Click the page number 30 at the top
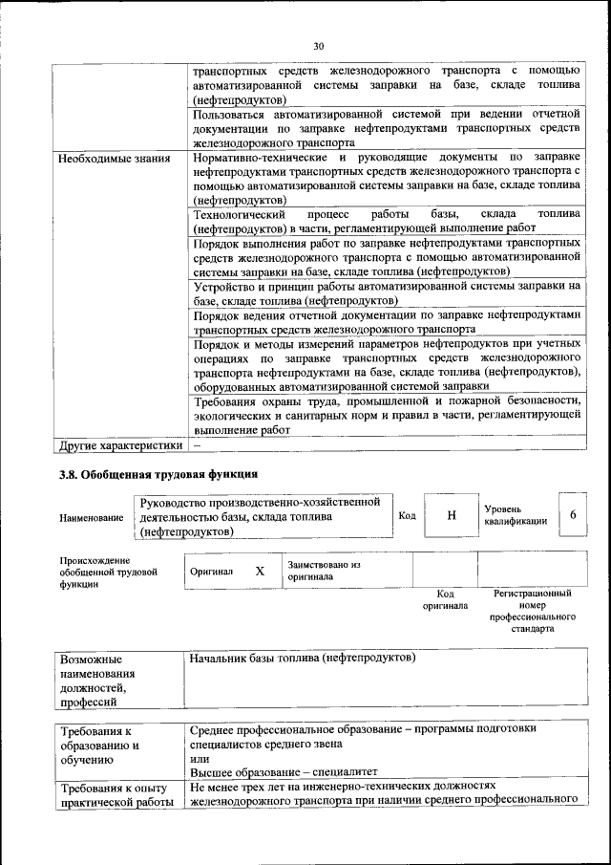(319, 45)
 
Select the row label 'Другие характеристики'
(120, 444)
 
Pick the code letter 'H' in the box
(452, 515)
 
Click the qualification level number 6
(573, 514)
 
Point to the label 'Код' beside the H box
(407, 515)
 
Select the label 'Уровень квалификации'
(516, 515)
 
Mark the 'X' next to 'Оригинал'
(260, 571)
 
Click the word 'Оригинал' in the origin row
(212, 571)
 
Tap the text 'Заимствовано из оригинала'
(324, 571)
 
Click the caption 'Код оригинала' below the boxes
(445, 599)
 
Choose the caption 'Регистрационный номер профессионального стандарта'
(532, 612)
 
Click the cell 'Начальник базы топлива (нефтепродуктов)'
(302, 659)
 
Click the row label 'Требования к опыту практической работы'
(114, 795)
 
